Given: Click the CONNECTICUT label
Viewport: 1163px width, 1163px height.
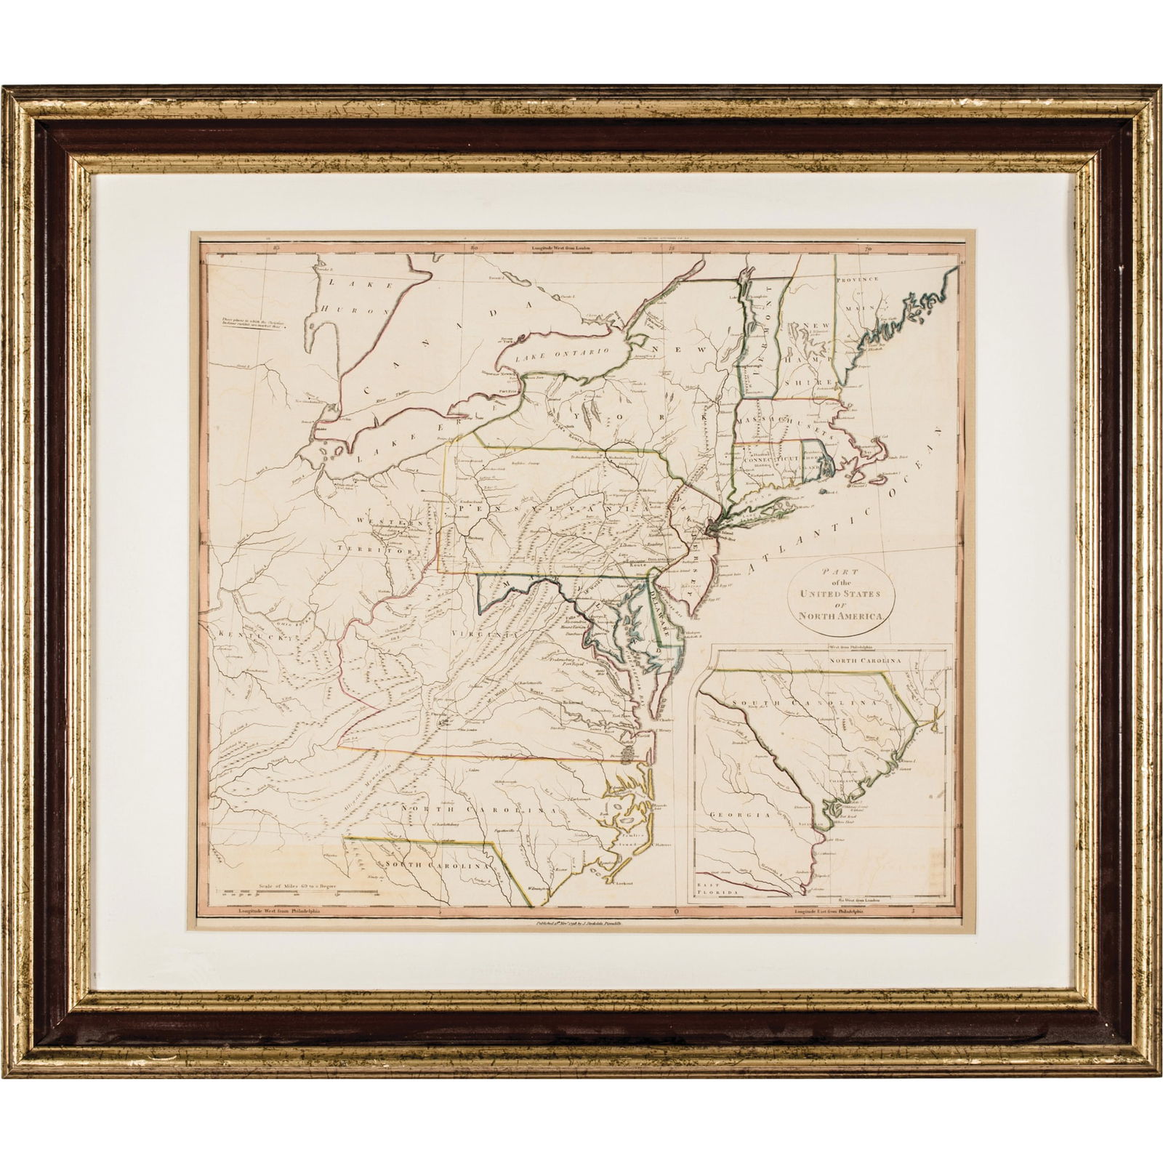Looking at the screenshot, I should pyautogui.click(x=769, y=462).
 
